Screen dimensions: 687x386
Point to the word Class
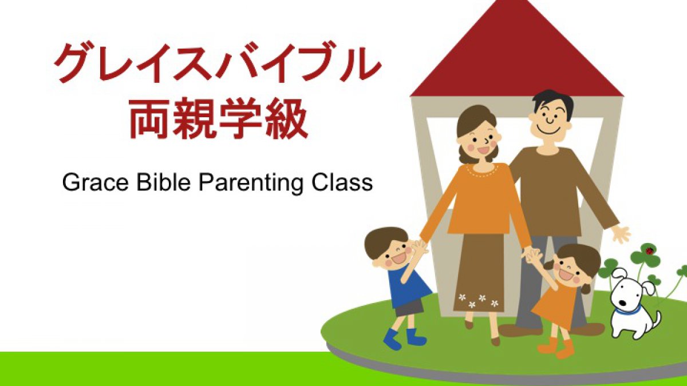pyautogui.click(x=341, y=183)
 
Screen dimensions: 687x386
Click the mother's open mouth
pyautogui.click(x=483, y=150)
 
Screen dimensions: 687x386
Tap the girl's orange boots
pyautogui.click(x=556, y=348)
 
